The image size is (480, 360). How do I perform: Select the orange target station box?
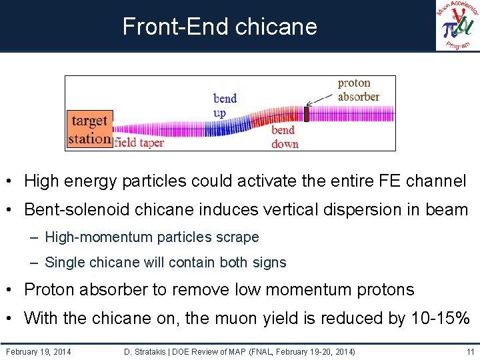(x=89, y=129)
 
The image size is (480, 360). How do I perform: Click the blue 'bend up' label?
(x=225, y=105)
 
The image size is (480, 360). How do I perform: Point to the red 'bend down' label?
(x=285, y=137)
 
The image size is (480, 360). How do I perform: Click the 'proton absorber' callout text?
(x=358, y=90)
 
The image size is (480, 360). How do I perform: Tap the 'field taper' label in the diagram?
(x=139, y=142)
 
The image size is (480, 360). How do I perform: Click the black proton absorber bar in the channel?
(x=307, y=114)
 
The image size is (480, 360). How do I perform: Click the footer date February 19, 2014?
(x=38, y=351)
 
